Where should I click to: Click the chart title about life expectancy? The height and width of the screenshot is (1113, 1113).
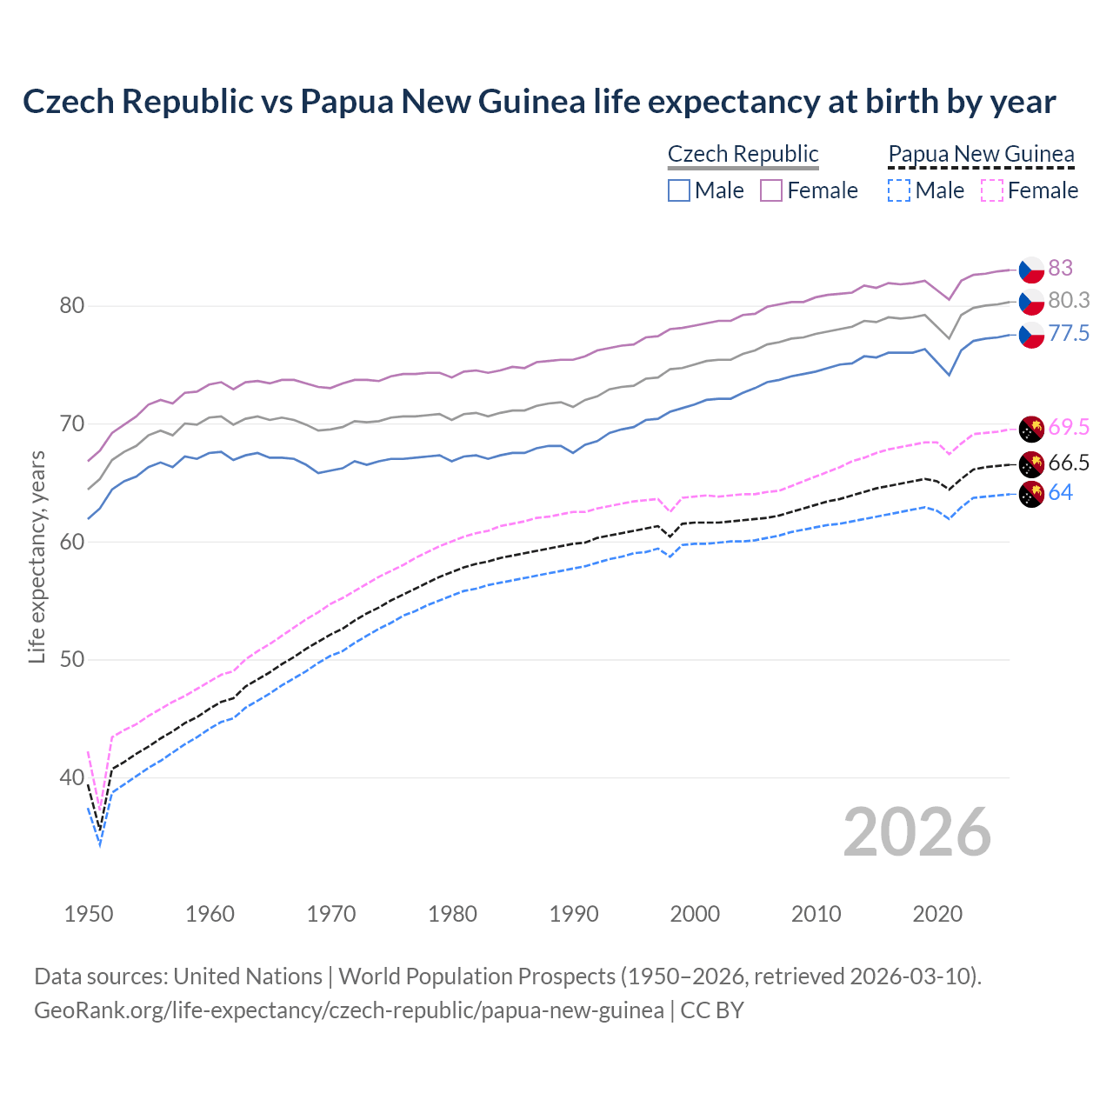click(x=539, y=102)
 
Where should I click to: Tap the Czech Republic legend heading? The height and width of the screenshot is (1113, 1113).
click(x=743, y=154)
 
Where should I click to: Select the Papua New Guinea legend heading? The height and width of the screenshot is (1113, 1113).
click(x=981, y=154)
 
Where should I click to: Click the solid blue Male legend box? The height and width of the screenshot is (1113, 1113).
click(x=679, y=190)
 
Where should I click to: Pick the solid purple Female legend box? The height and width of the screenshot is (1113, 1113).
click(x=771, y=190)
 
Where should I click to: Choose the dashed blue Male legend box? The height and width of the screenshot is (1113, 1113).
click(x=899, y=190)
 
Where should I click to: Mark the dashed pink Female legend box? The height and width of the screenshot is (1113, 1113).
click(x=991, y=190)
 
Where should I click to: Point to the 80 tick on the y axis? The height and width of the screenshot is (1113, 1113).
click(x=71, y=306)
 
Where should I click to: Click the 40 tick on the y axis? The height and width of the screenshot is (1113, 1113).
click(x=71, y=777)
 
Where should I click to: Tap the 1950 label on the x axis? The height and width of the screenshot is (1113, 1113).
click(x=89, y=914)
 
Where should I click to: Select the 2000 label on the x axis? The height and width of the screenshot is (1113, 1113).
click(x=695, y=914)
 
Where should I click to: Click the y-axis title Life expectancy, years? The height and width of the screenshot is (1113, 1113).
click(x=37, y=556)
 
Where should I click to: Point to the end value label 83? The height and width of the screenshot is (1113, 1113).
click(x=1060, y=268)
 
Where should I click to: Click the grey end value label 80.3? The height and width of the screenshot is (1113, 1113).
click(x=1069, y=300)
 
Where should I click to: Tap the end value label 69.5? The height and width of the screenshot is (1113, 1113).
click(x=1069, y=427)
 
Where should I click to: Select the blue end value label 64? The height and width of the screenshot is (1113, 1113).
click(x=1060, y=493)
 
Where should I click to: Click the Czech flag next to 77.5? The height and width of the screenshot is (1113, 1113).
click(x=1031, y=335)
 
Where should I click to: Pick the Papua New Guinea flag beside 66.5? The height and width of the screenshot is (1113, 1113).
click(x=1031, y=463)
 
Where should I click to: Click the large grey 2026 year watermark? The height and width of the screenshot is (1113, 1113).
click(x=917, y=832)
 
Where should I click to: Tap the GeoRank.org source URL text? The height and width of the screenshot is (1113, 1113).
click(x=348, y=1010)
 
